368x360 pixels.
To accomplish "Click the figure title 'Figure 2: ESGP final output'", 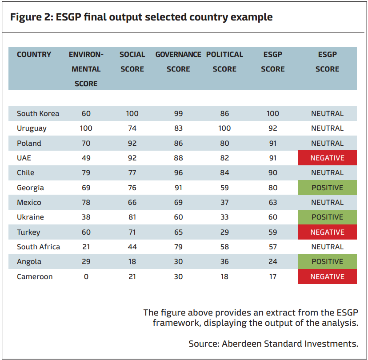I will coord(141,17).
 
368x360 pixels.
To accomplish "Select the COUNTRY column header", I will coord(34,55).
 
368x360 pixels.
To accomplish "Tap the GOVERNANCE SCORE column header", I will coord(178,62).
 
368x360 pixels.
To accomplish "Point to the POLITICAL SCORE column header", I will coord(224,62).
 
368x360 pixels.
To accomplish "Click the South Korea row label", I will coord(38,113).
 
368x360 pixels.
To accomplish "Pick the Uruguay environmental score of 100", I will coord(86,128).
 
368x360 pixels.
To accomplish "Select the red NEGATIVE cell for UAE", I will coord(327,158).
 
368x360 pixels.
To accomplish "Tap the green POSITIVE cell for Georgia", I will coord(327,188).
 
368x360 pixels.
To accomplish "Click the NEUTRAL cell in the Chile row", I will coord(327,172).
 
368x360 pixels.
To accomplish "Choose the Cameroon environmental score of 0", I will coord(86,276).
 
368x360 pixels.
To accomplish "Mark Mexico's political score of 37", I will coord(224,202).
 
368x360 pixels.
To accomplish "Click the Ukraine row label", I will coord(30,217).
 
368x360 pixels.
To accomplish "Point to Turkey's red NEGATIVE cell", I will coord(327,232).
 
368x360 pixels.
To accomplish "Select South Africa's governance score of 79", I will coord(178,247).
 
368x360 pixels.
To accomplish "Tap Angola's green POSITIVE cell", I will coord(327,261).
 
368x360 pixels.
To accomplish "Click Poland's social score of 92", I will coord(132,143).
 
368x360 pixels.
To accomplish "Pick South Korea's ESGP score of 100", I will coord(273,113).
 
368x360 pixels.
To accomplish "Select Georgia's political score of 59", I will coord(224,188).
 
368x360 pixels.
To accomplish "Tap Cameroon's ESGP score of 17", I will coord(273,276).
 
